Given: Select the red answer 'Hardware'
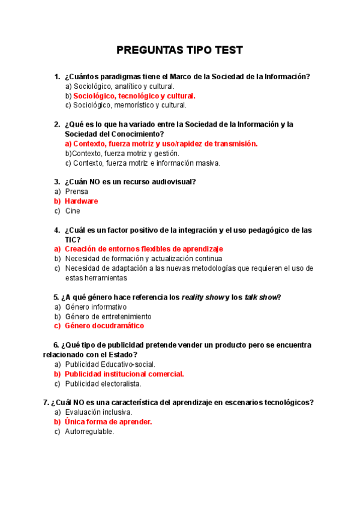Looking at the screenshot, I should [81, 201].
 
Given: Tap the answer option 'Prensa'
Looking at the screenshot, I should [76, 191].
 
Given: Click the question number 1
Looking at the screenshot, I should [56, 76].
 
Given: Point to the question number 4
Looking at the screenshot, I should [56, 230].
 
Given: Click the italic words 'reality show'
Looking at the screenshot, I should [202, 297].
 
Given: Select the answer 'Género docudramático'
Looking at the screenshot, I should [104, 326].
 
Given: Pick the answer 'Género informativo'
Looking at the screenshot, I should [96, 307].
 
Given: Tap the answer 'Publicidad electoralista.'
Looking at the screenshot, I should [103, 384].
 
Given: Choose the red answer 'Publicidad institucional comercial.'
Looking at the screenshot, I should [124, 374].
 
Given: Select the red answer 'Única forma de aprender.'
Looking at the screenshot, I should [108, 422].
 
